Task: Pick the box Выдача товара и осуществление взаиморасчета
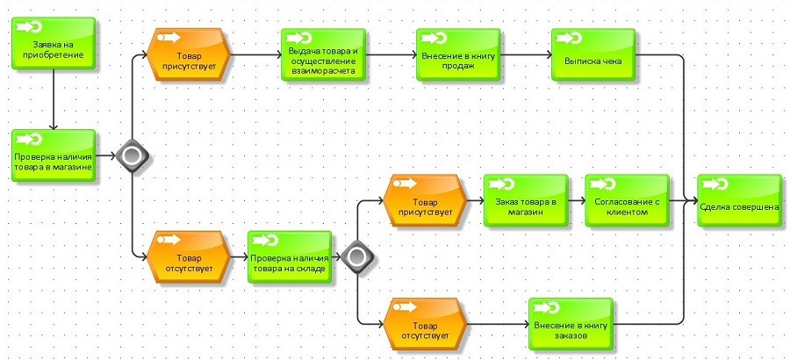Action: pos(322,55)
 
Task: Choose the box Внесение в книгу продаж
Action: pos(457,55)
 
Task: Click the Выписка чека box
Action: pos(592,55)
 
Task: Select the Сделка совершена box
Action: pos(739,201)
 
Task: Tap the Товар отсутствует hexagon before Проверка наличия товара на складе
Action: pos(189,257)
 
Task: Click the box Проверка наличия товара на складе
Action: pos(289,257)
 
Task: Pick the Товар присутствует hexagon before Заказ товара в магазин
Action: pos(423,201)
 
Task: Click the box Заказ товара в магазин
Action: pos(525,201)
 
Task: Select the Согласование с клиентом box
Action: pos(626,201)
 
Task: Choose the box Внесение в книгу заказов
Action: pos(571,325)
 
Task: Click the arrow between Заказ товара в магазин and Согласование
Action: pos(575,201)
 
